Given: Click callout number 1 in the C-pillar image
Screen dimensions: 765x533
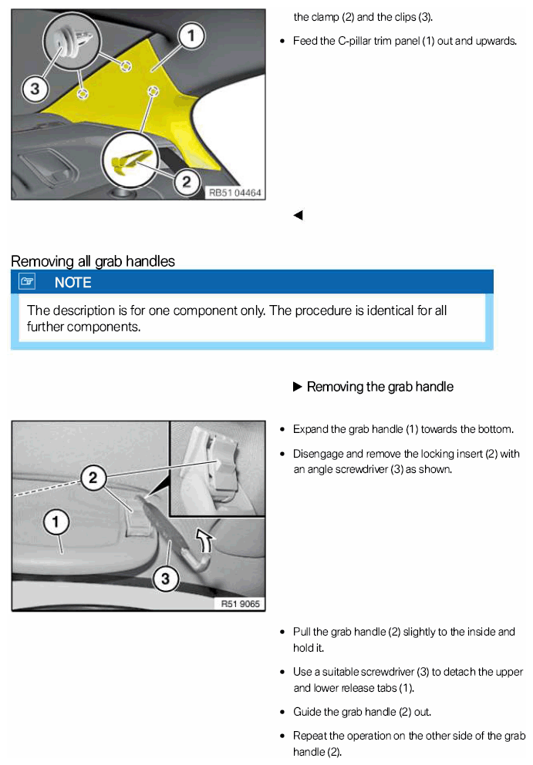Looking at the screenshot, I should (191, 35).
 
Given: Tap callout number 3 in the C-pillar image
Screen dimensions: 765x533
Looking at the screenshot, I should (34, 89).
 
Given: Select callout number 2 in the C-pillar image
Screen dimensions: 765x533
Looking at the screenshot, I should (186, 181).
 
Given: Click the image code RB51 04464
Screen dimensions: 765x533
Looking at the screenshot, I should (234, 193).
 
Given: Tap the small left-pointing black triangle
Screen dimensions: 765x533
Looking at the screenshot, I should (298, 216).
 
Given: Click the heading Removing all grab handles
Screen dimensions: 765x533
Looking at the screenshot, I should (93, 261).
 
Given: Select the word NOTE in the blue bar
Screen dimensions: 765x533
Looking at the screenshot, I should (73, 283).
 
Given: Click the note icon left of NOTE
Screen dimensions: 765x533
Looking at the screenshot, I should (28, 283).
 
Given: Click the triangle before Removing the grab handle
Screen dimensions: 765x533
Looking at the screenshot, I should (298, 387).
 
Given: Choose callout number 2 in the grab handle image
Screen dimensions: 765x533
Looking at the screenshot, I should (93, 478).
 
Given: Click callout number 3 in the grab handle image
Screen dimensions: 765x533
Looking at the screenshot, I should (166, 577).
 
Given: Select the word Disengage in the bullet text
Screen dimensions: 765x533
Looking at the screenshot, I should (317, 454).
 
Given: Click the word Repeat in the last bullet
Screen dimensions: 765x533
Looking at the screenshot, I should (309, 736).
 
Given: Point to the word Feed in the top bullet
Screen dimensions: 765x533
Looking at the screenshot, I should (305, 40).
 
